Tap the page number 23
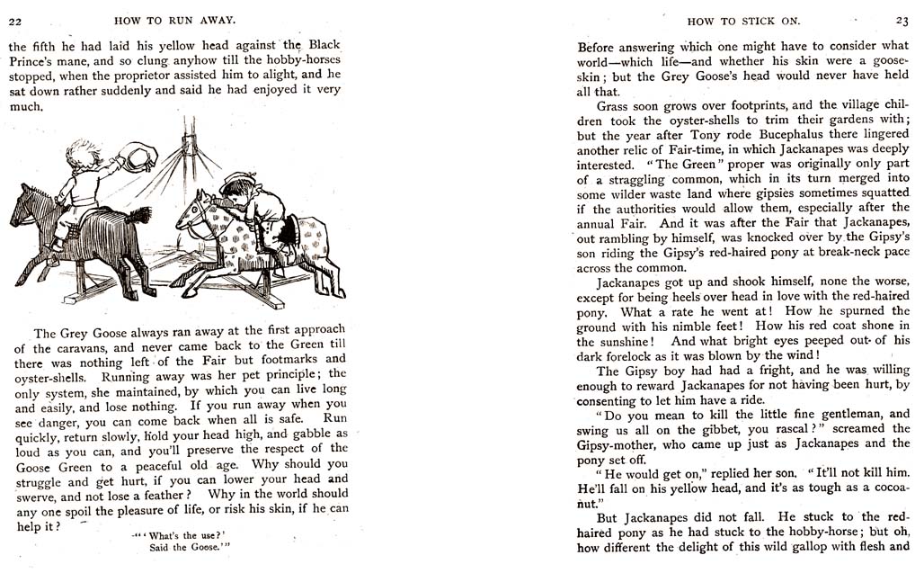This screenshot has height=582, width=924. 901,20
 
